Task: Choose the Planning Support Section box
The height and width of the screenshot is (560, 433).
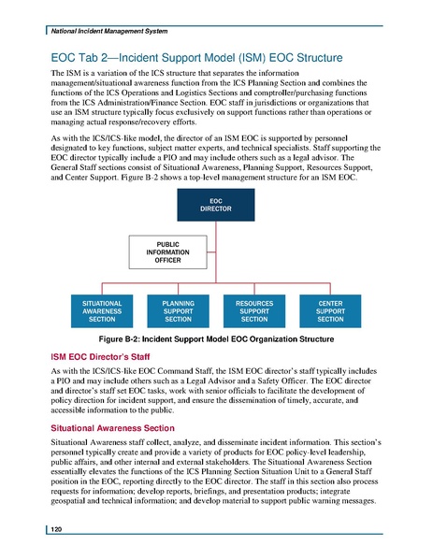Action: point(178,310)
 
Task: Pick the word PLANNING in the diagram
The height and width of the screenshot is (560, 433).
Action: point(178,301)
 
